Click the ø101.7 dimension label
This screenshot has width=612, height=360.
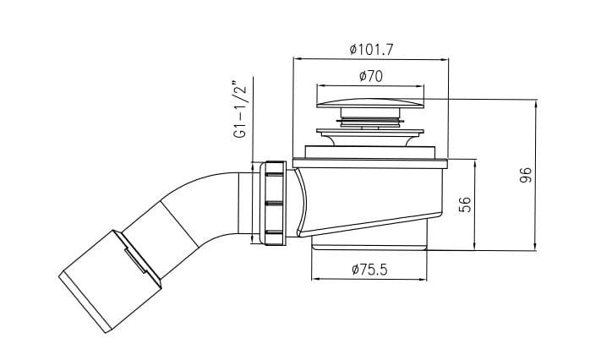[371, 50]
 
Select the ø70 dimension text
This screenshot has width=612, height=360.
[371, 76]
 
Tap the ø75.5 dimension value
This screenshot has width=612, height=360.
[369, 270]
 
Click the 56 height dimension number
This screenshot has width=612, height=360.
[465, 205]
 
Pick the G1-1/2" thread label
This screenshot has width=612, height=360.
[241, 109]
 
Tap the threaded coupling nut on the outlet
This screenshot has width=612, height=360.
[275, 203]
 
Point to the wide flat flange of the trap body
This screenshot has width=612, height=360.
[370, 163]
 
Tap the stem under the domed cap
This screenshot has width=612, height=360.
[370, 117]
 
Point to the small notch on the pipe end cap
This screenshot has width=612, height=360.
[135, 259]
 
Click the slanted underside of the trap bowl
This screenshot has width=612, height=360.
[370, 225]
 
